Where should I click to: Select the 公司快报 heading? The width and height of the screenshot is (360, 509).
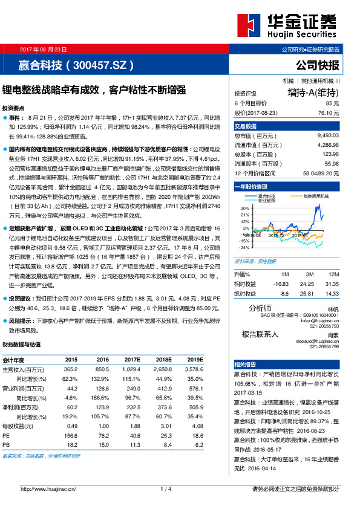point(317,65)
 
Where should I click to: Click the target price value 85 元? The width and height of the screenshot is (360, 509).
point(331,103)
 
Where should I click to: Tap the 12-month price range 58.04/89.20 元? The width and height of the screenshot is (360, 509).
point(319,173)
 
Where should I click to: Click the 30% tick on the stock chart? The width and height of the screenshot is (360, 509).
point(244,208)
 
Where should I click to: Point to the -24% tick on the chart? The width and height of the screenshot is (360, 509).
point(244,247)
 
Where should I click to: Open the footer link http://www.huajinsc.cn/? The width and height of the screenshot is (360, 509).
point(47,488)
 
